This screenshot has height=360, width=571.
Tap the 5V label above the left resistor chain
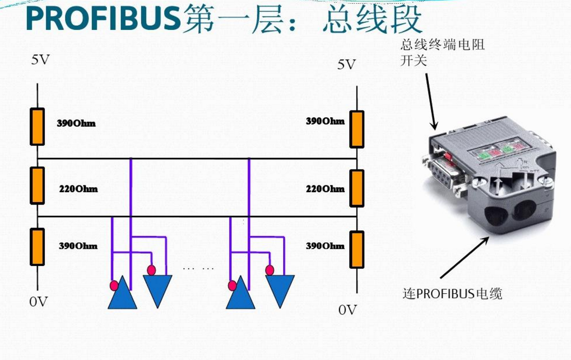[41, 60]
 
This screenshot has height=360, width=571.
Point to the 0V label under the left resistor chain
[39, 302]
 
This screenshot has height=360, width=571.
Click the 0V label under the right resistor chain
[348, 310]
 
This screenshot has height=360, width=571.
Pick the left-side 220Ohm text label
[78, 189]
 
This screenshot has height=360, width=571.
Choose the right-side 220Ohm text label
[325, 189]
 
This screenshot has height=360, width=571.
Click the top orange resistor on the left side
[37, 127]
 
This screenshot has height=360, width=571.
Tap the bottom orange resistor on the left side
[37, 247]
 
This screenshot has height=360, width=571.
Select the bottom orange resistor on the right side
[357, 249]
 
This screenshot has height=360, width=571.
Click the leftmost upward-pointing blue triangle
[122, 294]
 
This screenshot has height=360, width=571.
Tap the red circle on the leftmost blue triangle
[114, 286]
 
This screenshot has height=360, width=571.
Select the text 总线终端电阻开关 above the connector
[442, 52]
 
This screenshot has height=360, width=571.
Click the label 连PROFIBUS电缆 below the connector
[452, 294]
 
